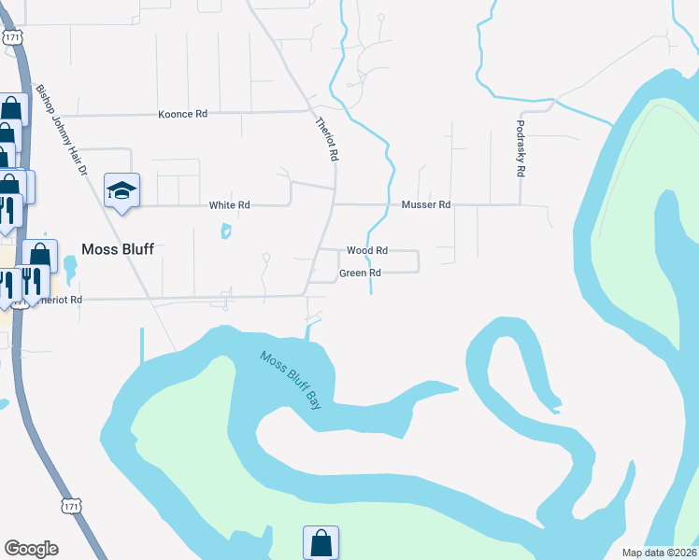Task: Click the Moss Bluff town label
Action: [x=118, y=249]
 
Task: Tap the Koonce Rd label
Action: [x=182, y=114]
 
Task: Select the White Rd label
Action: [x=229, y=205]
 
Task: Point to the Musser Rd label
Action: [x=426, y=204]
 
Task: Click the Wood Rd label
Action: [x=367, y=251]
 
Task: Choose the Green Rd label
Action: [x=361, y=273]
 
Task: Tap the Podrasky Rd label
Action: [x=521, y=148]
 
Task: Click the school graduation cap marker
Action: [x=121, y=190]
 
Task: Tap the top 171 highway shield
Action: [x=11, y=36]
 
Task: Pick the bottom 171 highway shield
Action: [x=71, y=506]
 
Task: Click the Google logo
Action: [x=31, y=549]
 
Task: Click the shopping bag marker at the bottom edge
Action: [x=321, y=541]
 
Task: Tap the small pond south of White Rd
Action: [x=226, y=231]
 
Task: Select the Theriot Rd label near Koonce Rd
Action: [x=325, y=139]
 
